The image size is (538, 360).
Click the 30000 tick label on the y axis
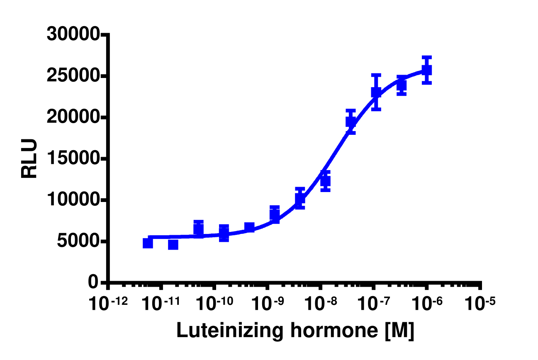73,35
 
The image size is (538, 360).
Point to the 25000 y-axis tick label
73,76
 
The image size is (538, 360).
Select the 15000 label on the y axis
73,159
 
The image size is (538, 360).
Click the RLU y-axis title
29,159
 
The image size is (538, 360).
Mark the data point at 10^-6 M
427,70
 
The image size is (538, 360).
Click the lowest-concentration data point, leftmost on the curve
148,243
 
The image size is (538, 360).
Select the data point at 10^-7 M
376,92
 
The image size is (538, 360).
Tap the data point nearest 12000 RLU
325,181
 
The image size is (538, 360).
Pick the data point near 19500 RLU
351,122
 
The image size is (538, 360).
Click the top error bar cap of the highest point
427,57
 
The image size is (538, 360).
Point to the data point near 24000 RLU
401,85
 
